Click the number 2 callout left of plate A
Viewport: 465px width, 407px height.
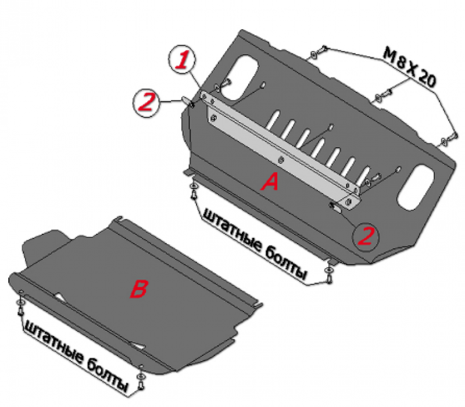[x=146, y=102]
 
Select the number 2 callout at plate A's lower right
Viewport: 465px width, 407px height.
[x=366, y=237]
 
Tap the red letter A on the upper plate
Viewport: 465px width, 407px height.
[x=270, y=182]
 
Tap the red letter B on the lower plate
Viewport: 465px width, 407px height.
[x=138, y=289]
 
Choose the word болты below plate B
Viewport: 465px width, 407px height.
[x=107, y=375]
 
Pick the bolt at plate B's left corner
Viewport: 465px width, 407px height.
[x=20, y=308]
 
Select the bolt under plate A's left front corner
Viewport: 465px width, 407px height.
[x=194, y=191]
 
